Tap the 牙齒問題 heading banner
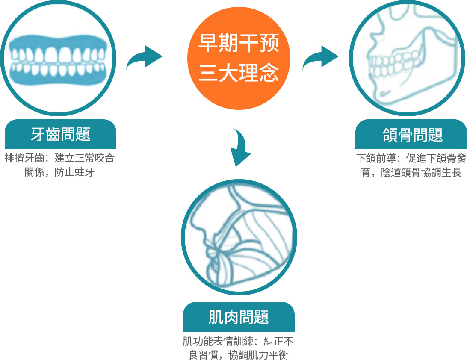point(60,134)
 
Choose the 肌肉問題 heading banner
point(239,317)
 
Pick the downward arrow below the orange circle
point(241,148)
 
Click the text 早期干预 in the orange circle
point(239,44)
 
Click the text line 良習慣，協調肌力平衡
point(239,355)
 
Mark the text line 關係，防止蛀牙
point(59,173)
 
